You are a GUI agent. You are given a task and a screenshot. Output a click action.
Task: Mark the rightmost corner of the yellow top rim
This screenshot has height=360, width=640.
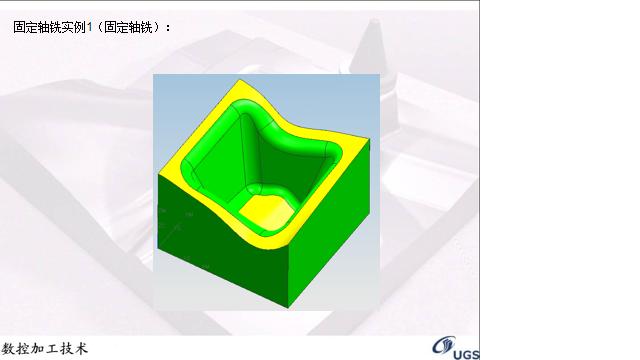(x=363, y=142)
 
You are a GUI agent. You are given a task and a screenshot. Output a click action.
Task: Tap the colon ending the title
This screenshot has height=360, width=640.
(x=168, y=27)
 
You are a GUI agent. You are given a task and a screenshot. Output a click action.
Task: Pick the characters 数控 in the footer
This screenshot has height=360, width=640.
(x=17, y=349)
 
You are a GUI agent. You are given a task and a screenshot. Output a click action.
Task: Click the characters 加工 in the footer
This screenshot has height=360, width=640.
(x=45, y=349)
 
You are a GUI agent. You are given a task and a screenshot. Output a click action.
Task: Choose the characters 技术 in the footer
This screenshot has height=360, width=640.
(x=74, y=349)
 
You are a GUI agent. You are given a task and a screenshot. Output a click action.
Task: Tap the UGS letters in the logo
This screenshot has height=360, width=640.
(x=466, y=352)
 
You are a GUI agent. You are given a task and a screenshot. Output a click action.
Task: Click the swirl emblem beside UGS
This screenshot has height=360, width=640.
(x=443, y=346)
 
